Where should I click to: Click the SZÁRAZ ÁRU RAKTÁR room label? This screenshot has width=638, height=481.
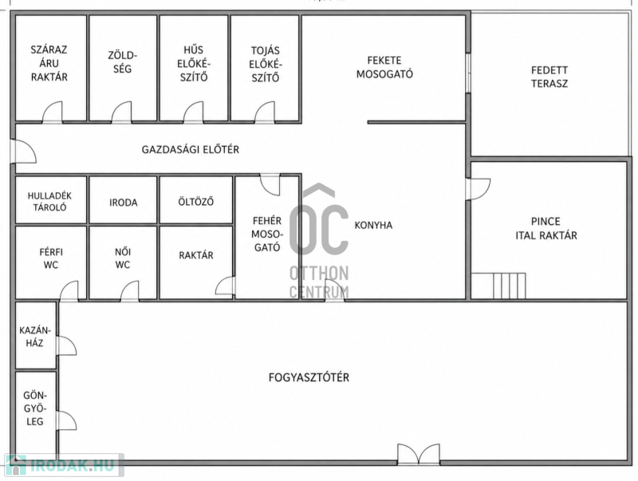tap(49, 64)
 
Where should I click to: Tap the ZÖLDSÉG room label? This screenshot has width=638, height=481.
tap(123, 62)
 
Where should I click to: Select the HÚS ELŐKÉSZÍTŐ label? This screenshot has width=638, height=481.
tap(193, 64)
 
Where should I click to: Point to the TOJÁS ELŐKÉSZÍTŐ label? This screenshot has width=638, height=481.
tap(266, 64)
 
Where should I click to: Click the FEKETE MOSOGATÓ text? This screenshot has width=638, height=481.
tap(384, 67)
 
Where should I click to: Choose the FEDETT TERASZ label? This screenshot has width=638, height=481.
tap(549, 77)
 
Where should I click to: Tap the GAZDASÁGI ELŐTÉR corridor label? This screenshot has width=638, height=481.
tap(191, 150)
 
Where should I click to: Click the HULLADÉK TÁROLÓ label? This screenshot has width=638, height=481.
tap(49, 202)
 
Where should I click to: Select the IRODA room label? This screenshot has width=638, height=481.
tap(124, 203)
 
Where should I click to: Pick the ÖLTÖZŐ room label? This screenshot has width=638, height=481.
tap(195, 202)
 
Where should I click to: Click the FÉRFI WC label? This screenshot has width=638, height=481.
tap(51, 258)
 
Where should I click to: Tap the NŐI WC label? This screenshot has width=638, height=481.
tap(123, 258)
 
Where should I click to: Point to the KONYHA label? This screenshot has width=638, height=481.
tap(373, 225)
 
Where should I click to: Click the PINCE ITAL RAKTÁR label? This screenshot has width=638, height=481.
tap(546, 228)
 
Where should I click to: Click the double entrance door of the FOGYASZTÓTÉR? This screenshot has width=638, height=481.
tap(419, 454)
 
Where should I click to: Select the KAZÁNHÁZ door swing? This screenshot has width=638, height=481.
tap(67, 345)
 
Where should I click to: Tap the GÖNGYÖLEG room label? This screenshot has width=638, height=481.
tap(35, 408)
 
